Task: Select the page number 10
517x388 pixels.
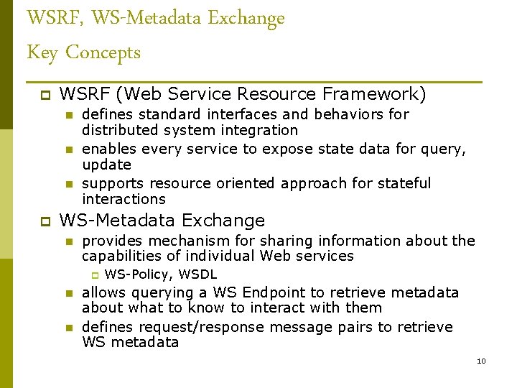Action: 481,361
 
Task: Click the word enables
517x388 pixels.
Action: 110,149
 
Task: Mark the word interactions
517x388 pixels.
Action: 124,199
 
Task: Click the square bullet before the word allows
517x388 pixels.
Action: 68,293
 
